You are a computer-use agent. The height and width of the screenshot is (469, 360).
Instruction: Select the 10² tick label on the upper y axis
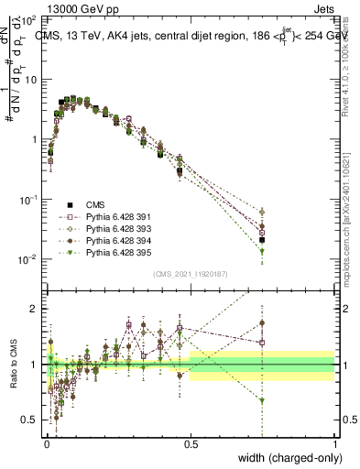pyautogui.click(x=28, y=19)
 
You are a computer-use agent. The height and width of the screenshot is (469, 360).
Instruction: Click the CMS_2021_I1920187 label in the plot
pyautogui.click(x=190, y=275)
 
